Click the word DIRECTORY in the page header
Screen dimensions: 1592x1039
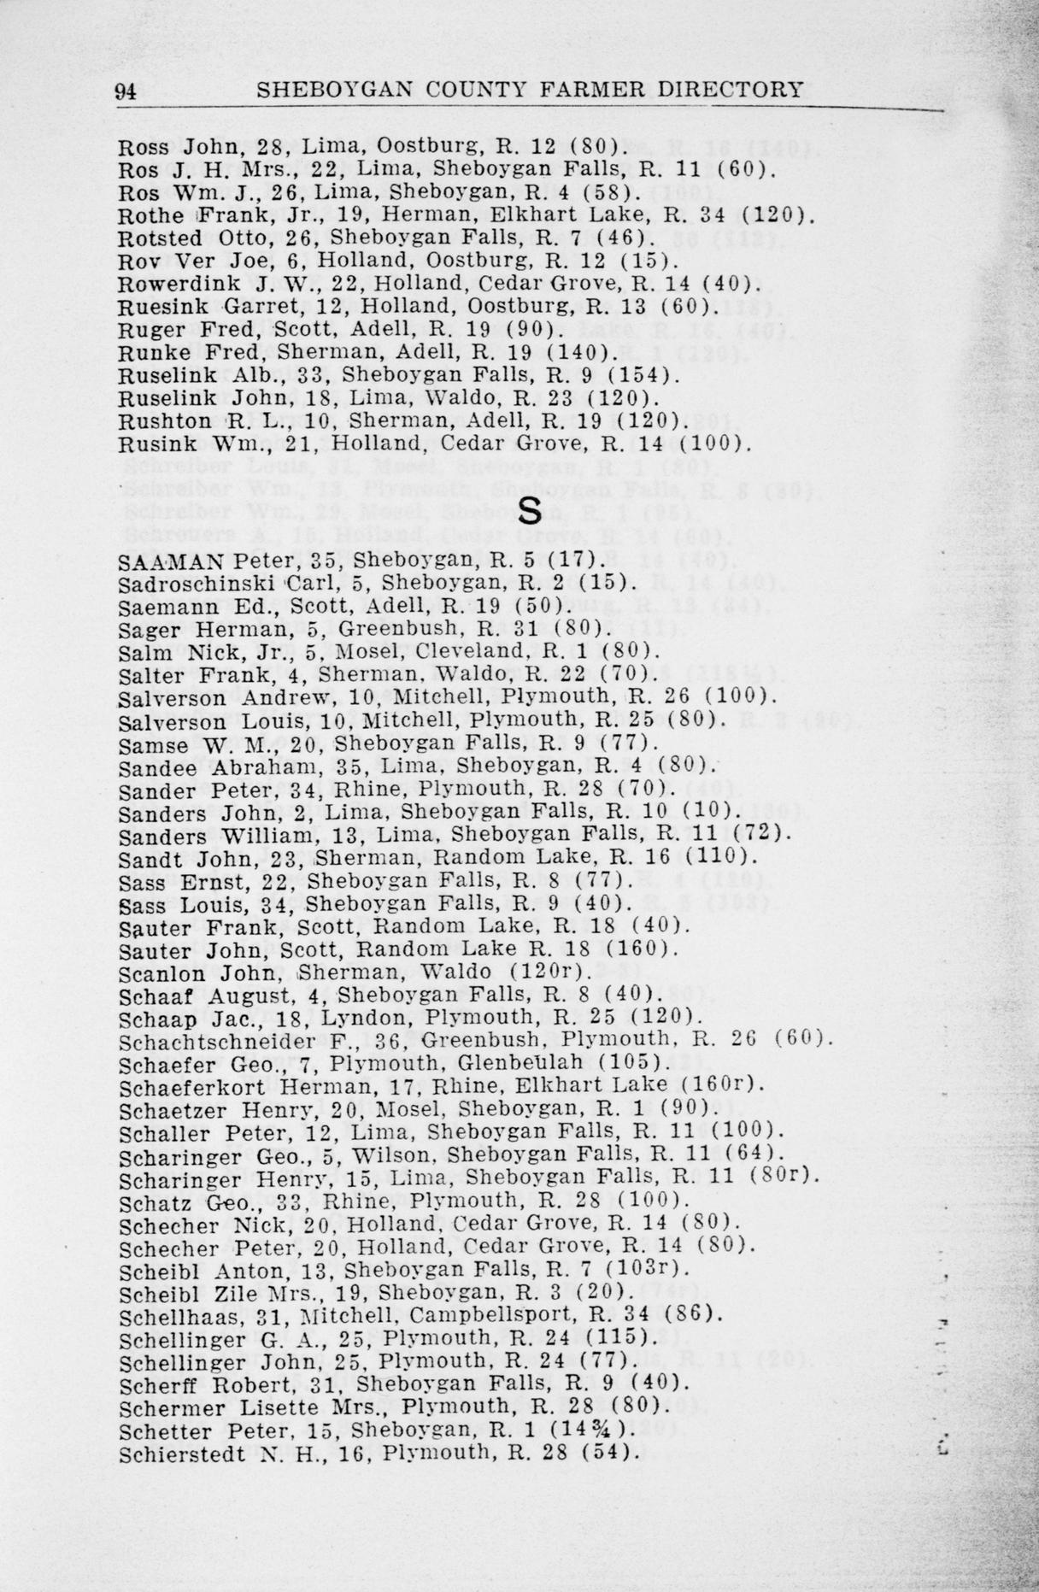coord(739,90)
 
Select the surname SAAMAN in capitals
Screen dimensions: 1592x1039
coord(172,561)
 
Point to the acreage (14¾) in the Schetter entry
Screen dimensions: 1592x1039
coord(602,1430)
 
